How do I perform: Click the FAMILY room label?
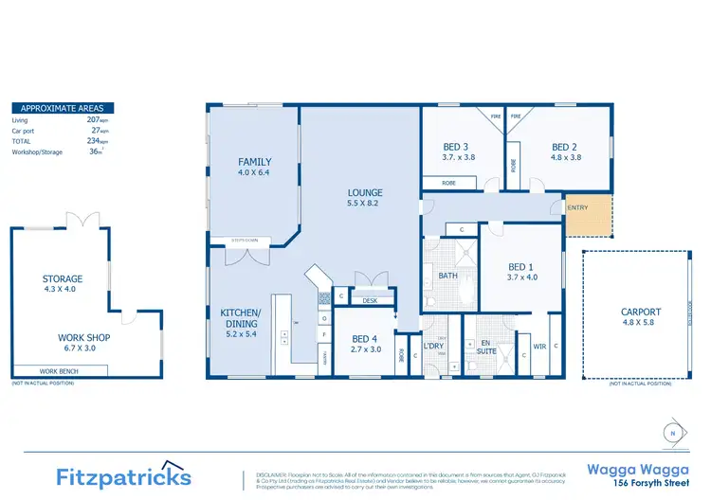(254, 162)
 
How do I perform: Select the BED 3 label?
(456, 147)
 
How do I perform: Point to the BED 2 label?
(564, 147)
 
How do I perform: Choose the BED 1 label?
(521, 266)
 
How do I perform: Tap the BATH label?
(447, 276)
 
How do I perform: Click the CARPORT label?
(641, 312)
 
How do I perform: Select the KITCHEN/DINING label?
(241, 317)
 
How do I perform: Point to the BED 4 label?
(365, 339)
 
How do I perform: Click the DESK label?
(369, 301)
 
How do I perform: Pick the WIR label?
(540, 347)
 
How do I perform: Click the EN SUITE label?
(485, 348)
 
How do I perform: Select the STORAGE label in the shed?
(63, 279)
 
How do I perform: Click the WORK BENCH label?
(59, 372)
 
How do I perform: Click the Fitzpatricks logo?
(123, 475)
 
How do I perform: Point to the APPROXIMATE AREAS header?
(63, 108)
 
